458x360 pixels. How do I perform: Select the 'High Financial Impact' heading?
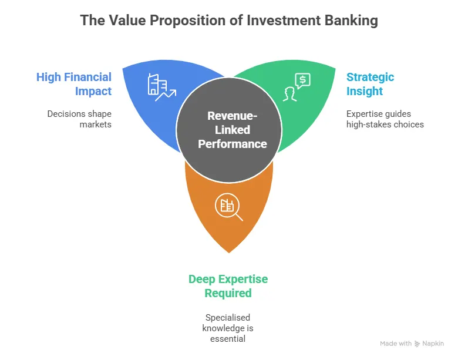click(x=74, y=84)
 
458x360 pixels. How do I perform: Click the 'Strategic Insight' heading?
click(x=370, y=84)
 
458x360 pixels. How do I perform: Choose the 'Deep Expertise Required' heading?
click(x=229, y=286)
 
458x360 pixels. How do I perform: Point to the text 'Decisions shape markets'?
click(x=80, y=119)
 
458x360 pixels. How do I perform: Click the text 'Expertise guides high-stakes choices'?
click(x=385, y=119)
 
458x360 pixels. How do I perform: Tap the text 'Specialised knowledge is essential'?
click(x=229, y=328)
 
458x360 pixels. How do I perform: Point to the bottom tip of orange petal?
click(x=229, y=252)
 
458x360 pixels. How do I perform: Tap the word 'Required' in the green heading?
click(x=229, y=293)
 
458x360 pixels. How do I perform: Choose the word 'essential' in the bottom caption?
click(x=229, y=338)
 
